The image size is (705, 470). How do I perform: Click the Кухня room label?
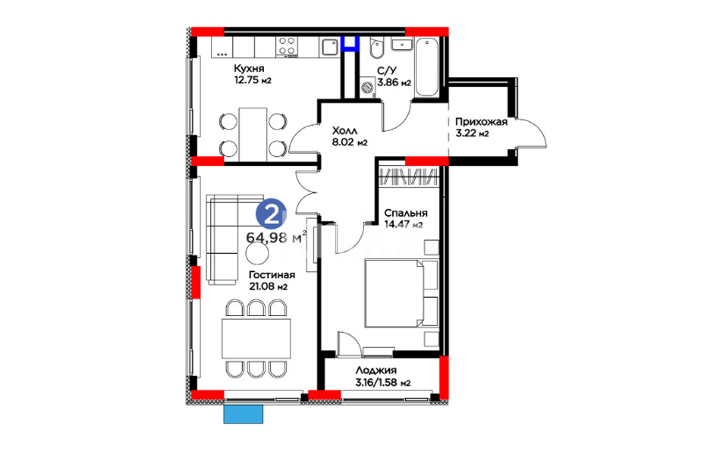coord(249,69)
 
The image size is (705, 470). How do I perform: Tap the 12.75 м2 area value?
coord(252,80)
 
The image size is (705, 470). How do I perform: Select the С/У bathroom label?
coord(387,71)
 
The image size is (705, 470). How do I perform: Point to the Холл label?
coord(344,131)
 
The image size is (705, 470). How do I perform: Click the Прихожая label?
coord(481,122)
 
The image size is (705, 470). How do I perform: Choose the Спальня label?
coord(405,213)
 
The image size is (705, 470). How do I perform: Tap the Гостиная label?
coord(271,275)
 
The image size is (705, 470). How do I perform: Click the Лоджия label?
coord(376,371)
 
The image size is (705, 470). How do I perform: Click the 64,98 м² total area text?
coord(277,237)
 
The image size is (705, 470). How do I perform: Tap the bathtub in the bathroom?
coord(426,67)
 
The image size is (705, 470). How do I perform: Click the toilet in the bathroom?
coord(376,49)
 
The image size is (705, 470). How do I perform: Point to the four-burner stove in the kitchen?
coord(287,46)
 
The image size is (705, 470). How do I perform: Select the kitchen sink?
coord(329,47)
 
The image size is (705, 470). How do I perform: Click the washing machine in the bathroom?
coord(368,87)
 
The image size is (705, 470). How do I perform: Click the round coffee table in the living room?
coord(257,254)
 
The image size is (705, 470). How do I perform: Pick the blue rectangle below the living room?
coord(243,414)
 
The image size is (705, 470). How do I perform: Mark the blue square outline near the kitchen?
coord(350,43)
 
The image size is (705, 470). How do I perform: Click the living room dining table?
coord(256,338)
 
